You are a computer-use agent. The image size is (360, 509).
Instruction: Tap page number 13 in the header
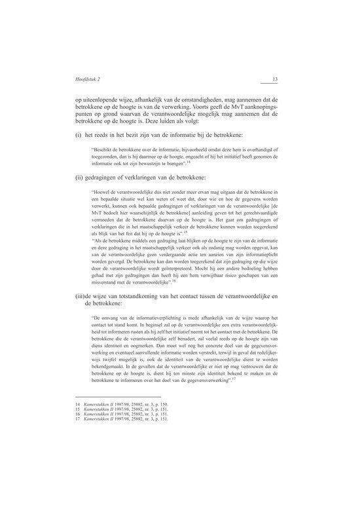click(276, 80)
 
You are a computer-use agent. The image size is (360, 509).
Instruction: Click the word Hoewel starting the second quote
click(103, 193)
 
